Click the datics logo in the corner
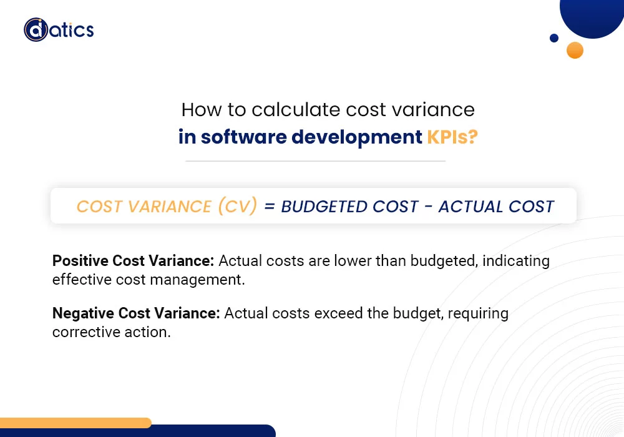click(59, 29)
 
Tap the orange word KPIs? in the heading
click(452, 137)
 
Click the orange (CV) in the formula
click(237, 207)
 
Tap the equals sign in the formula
click(269, 207)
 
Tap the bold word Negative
click(82, 313)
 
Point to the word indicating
click(516, 260)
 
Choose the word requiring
click(481, 313)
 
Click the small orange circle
click(575, 50)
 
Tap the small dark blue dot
click(553, 38)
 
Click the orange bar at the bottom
click(75, 423)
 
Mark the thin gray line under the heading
click(315, 161)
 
